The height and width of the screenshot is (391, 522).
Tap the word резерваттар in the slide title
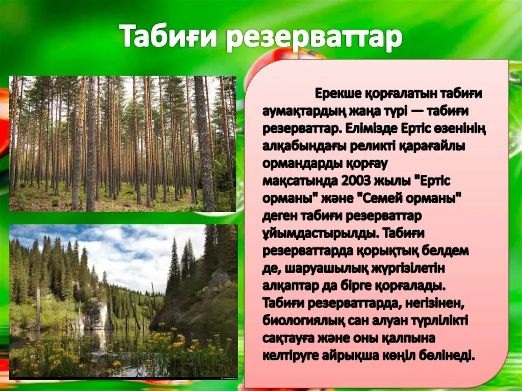pos(314,38)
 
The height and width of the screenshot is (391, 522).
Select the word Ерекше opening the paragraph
pos(337,94)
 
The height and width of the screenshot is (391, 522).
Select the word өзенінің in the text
pos(461,128)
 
